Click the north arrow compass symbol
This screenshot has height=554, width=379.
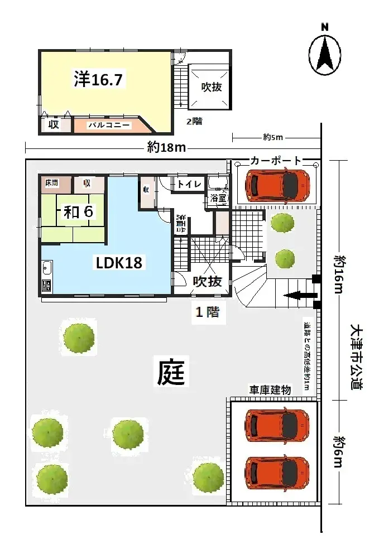325,54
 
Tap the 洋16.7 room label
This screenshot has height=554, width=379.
98,80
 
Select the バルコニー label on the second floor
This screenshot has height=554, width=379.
109,126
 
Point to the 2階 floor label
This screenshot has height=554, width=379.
194,122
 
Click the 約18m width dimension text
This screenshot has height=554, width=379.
166,147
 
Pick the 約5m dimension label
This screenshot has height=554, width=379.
274,137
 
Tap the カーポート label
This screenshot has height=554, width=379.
276,161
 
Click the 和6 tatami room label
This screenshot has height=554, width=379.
78,212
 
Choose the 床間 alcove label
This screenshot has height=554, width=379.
52,182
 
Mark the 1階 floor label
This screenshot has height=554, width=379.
206,312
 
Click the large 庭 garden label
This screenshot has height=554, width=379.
171,372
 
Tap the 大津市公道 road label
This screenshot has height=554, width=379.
357,357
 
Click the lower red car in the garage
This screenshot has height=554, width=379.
277,472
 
